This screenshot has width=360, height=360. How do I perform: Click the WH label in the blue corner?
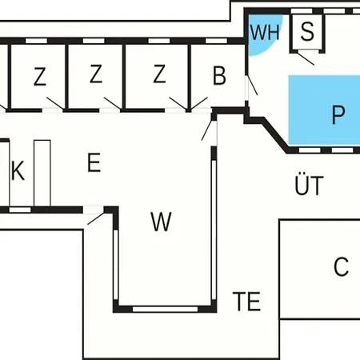[265, 33]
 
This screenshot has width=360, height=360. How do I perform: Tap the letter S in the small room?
[307, 31]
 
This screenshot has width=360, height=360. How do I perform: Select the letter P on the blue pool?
[338, 114]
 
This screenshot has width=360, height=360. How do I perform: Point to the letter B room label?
[219, 75]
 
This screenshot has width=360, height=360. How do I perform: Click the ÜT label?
[310, 184]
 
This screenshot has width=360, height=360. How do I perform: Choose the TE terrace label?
[246, 302]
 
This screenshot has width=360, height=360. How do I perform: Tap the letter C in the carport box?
[341, 266]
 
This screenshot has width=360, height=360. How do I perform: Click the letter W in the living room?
[161, 222]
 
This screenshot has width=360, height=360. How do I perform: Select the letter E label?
[94, 162]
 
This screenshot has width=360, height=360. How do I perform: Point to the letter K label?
[18, 170]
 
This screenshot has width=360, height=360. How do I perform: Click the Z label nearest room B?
[159, 74]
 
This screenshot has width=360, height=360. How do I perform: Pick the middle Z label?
[96, 74]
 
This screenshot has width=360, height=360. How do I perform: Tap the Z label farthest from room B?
[40, 77]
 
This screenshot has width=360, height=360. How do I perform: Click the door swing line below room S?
[306, 59]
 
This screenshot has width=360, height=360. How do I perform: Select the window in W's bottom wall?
[166, 309]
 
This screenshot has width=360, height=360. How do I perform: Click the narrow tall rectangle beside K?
[42, 173]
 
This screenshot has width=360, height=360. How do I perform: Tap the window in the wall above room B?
[216, 41]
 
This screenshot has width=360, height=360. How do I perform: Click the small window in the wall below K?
[20, 210]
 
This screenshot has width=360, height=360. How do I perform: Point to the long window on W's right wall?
[214, 230]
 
